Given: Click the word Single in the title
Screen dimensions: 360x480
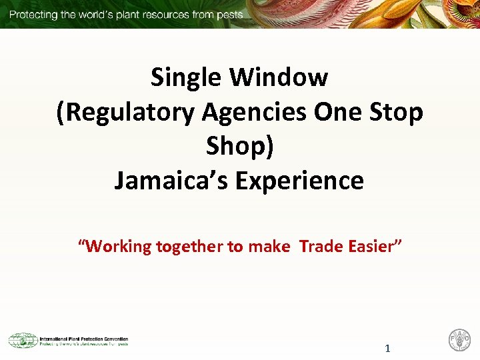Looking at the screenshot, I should click(187, 78).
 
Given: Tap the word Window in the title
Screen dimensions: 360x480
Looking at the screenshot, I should click(279, 78).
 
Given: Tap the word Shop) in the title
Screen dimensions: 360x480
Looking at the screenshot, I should click(240, 146).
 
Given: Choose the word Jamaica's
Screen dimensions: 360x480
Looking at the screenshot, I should click(172, 181).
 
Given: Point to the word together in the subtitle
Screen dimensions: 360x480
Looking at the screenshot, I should click(190, 247).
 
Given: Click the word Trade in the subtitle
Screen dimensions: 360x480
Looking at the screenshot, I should click(322, 247).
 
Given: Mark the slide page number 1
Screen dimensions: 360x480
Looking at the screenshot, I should click(387, 349).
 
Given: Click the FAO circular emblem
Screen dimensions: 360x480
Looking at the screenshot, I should click(459, 339).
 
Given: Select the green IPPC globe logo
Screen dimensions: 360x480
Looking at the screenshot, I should click(23, 340).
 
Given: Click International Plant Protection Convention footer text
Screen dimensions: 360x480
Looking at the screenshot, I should click(84, 338).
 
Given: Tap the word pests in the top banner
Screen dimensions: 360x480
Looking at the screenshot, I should click(228, 14).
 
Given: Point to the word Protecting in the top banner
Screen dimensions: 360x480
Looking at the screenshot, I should click(33, 14).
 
